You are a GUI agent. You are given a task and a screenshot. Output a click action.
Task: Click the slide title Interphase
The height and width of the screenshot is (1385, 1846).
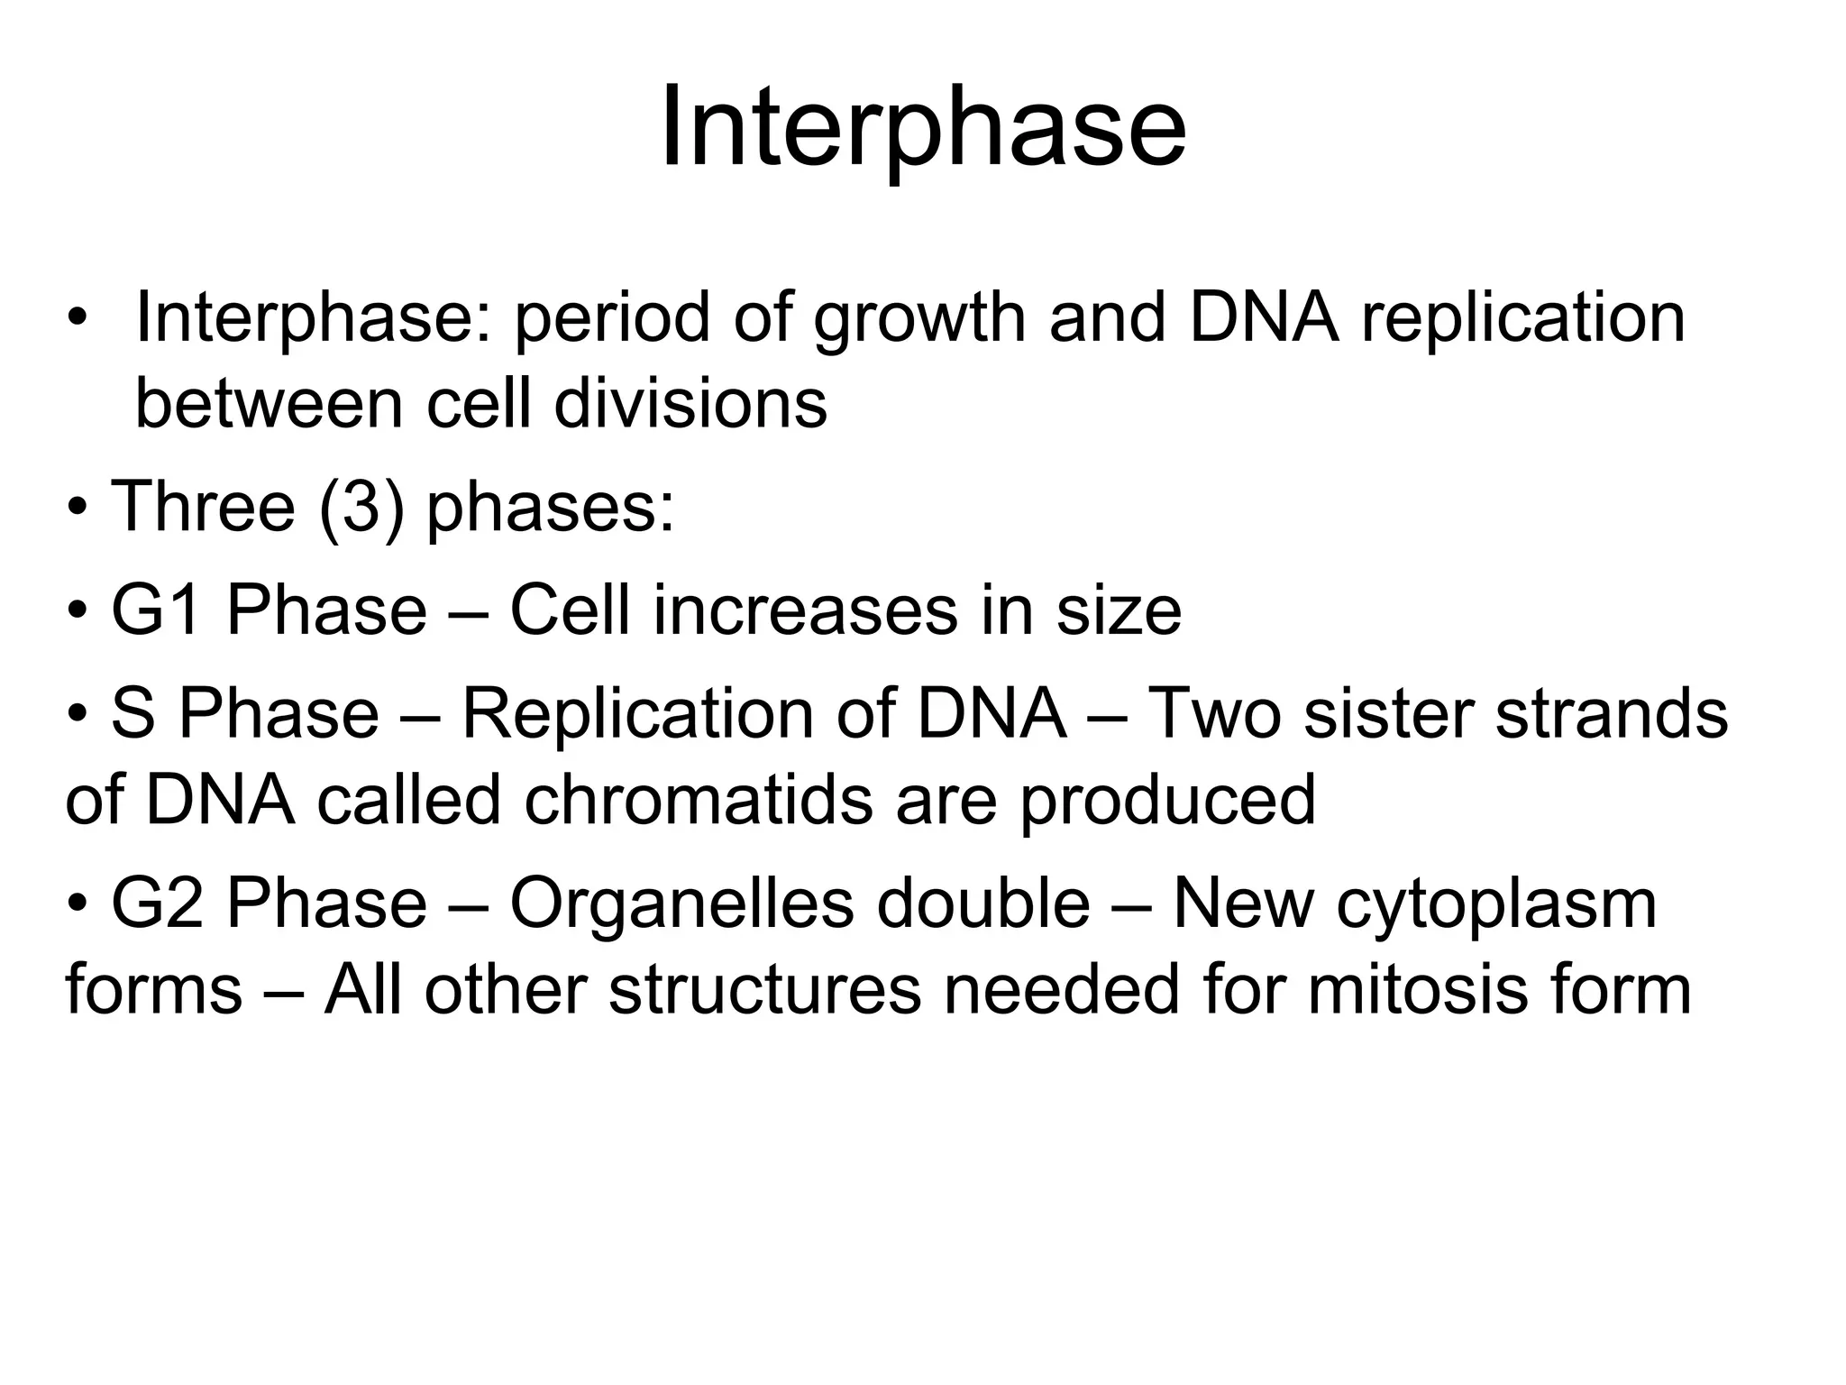point(922,128)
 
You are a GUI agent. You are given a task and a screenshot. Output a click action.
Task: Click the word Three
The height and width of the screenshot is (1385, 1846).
point(203,507)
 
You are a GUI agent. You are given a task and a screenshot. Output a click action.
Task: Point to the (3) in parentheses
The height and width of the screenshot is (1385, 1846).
point(361,507)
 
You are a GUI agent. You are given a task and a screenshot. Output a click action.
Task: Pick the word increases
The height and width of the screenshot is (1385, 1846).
point(805,610)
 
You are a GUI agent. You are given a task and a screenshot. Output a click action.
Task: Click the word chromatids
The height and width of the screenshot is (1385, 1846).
point(699,799)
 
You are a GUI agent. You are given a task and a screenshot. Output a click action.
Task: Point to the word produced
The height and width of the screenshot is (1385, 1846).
point(1167,799)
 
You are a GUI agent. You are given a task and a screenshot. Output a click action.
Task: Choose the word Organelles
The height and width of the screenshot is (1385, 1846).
point(681,903)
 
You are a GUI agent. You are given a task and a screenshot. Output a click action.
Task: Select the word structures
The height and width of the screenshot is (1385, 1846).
point(765,989)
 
